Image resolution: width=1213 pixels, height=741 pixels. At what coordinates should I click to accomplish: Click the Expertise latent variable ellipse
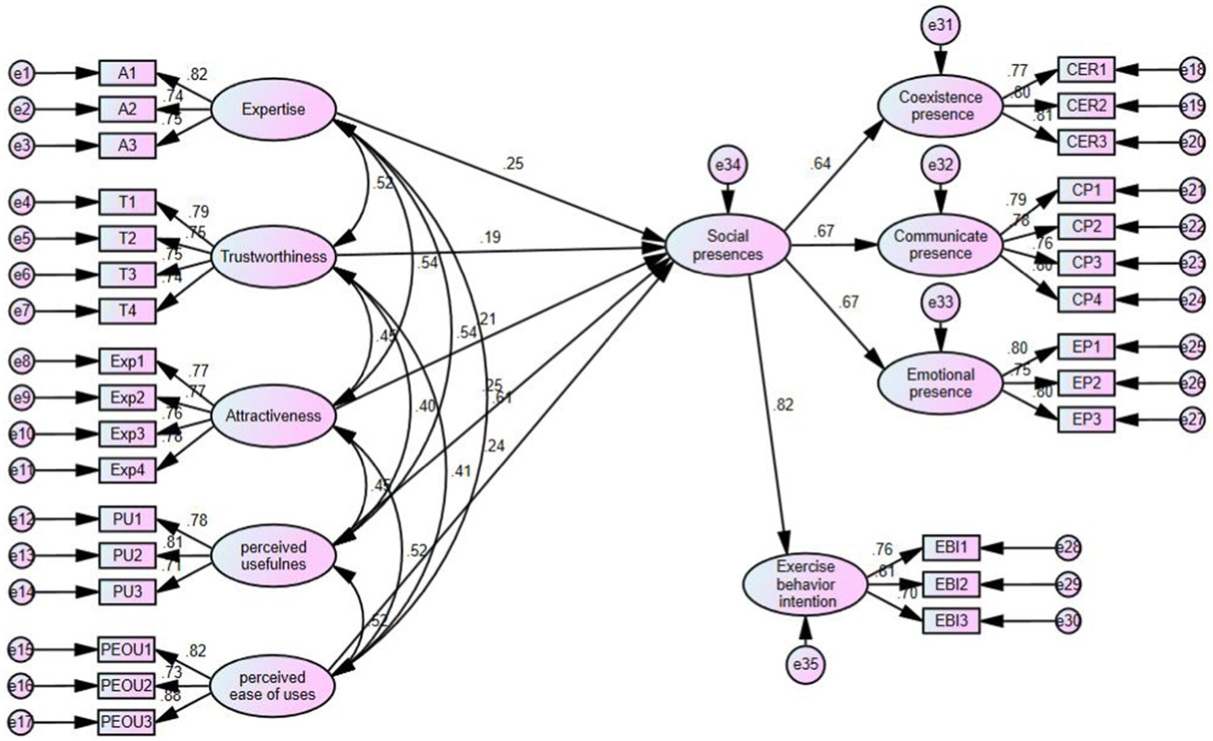coord(273,110)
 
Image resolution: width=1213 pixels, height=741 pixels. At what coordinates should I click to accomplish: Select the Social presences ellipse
coord(728,245)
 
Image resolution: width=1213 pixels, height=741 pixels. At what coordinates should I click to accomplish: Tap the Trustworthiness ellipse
coord(273,256)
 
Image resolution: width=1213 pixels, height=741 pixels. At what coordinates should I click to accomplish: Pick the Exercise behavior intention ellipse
coord(805,584)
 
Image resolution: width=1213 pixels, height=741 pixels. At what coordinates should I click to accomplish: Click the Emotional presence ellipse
coord(940,384)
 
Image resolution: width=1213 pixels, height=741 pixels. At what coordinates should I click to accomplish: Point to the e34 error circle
coord(727,165)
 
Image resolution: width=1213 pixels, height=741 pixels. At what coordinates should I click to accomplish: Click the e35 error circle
coord(805,664)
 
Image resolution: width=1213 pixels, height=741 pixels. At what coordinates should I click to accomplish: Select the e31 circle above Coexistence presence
coord(940,26)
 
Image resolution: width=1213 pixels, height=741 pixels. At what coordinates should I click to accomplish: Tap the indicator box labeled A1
coord(127,74)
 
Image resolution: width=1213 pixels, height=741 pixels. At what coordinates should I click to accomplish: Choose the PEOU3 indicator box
coord(126,721)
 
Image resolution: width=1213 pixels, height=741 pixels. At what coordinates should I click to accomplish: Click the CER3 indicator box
coord(1086,142)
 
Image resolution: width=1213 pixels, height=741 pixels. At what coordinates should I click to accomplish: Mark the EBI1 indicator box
coord(951,547)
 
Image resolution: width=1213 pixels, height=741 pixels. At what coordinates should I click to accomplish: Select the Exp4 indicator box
coord(127,471)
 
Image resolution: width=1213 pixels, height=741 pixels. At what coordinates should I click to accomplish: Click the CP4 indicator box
coord(1086,299)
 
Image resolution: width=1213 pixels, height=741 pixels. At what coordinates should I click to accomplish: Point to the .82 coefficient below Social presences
coord(784,405)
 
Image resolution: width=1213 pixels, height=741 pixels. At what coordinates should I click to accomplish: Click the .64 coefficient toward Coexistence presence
coord(820,164)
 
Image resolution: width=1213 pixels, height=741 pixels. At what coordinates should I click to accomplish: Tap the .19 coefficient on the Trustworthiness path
coord(490,237)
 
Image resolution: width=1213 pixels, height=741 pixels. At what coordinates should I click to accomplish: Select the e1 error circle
coord(22,74)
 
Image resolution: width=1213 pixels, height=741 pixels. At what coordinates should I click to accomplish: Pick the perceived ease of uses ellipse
coord(273,686)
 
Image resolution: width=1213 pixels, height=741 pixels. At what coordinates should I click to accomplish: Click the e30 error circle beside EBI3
coord(1068,621)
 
